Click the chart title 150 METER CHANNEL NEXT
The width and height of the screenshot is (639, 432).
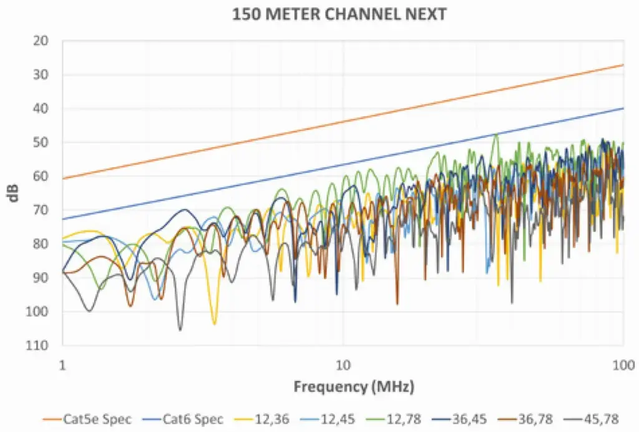[339, 14]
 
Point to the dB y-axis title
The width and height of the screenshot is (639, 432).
[14, 193]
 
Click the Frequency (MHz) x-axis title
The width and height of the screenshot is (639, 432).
[354, 386]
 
